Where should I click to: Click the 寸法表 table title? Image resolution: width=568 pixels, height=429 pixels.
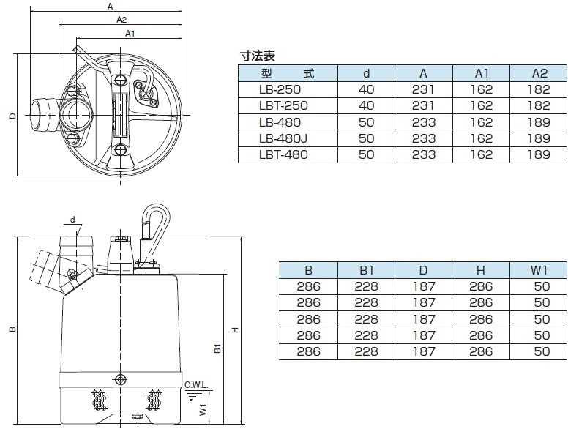(257, 55)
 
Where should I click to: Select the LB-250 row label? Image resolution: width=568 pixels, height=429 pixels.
(280, 89)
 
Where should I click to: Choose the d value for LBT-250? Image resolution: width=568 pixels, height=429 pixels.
(367, 105)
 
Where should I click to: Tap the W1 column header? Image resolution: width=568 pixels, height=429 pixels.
(541, 269)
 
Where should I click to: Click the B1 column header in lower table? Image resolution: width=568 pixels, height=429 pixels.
(366, 269)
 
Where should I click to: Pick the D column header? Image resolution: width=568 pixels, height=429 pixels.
(424, 269)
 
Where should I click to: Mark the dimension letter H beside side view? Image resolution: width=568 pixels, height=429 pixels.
(234, 330)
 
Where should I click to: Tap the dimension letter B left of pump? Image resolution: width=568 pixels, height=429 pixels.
(13, 331)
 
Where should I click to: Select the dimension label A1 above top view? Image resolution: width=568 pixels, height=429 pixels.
(130, 34)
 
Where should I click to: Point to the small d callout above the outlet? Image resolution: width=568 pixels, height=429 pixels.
(73, 219)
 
